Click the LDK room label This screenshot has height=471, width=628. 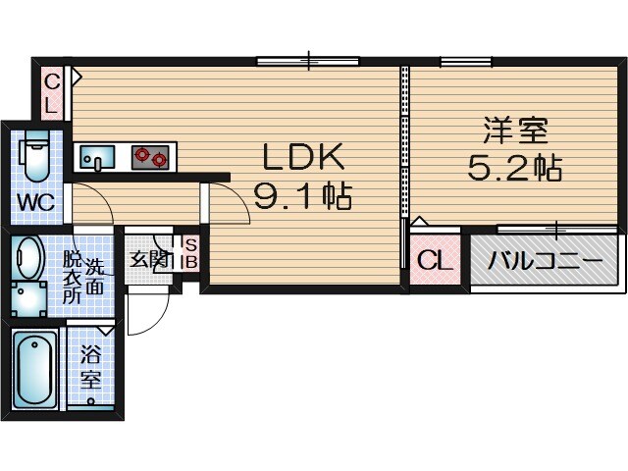(302, 157)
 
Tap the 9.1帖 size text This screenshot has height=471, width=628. (302, 197)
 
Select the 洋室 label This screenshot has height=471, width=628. (513, 131)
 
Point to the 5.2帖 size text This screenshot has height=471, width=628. (513, 169)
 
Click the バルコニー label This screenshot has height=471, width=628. (545, 261)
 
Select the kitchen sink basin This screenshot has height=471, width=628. (97, 156)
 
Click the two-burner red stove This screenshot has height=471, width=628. (151, 156)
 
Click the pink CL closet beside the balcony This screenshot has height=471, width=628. (434, 261)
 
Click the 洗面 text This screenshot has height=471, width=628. (94, 277)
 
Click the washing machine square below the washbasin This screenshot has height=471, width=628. (28, 298)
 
